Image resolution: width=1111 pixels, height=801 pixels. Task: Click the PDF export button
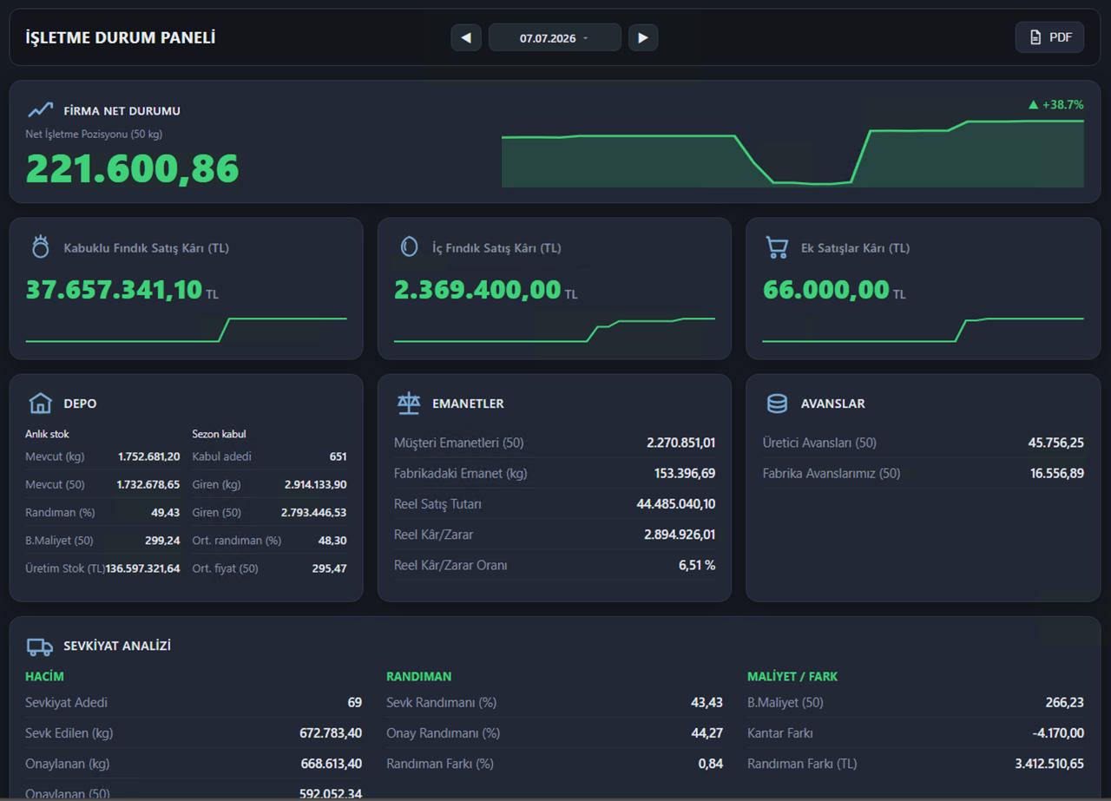pyautogui.click(x=1049, y=37)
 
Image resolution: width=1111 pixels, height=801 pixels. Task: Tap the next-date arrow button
pyautogui.click(x=643, y=37)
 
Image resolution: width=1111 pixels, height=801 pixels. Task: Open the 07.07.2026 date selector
pyautogui.click(x=555, y=37)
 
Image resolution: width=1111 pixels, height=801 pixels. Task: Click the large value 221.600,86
pyautogui.click(x=133, y=168)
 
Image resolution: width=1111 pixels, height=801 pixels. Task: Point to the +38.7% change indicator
pyautogui.click(x=1056, y=105)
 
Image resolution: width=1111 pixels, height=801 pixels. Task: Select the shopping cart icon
pyautogui.click(x=777, y=247)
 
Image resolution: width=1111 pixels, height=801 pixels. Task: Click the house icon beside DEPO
pyautogui.click(x=40, y=403)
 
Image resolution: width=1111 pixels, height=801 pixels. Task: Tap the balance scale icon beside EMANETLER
pyautogui.click(x=409, y=403)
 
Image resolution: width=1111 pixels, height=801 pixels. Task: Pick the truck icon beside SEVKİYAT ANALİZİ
pyautogui.click(x=40, y=647)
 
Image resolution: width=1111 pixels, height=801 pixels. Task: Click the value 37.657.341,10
pyautogui.click(x=114, y=290)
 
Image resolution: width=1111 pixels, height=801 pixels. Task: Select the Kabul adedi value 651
pyautogui.click(x=338, y=456)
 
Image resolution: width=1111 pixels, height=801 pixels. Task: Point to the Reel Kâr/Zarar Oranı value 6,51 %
pyautogui.click(x=697, y=565)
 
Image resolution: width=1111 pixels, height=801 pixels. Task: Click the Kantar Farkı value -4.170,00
pyautogui.click(x=1058, y=733)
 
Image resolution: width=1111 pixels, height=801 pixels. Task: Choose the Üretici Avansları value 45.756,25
pyautogui.click(x=1056, y=443)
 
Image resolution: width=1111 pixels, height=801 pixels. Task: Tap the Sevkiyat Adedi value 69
pyautogui.click(x=355, y=702)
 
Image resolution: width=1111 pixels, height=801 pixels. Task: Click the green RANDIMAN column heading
pyautogui.click(x=419, y=677)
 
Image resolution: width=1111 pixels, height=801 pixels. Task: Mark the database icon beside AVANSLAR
pyautogui.click(x=777, y=404)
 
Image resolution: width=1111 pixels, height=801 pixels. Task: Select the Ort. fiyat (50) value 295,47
pyautogui.click(x=329, y=568)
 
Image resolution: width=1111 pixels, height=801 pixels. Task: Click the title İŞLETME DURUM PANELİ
pyautogui.click(x=121, y=37)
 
